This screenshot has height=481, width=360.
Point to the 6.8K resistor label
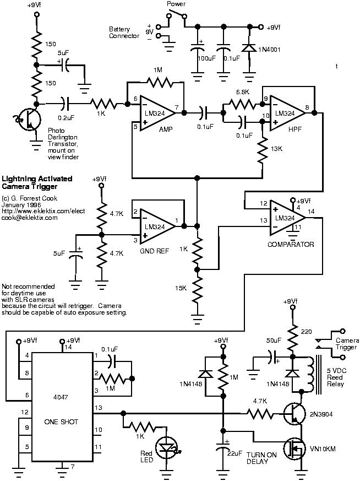pyautogui.click(x=243, y=91)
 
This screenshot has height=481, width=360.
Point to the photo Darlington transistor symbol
pyautogui.click(x=28, y=120)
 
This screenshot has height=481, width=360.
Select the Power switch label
pyautogui.click(x=177, y=4)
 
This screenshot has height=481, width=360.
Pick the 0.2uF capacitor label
pyautogui.click(x=67, y=117)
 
